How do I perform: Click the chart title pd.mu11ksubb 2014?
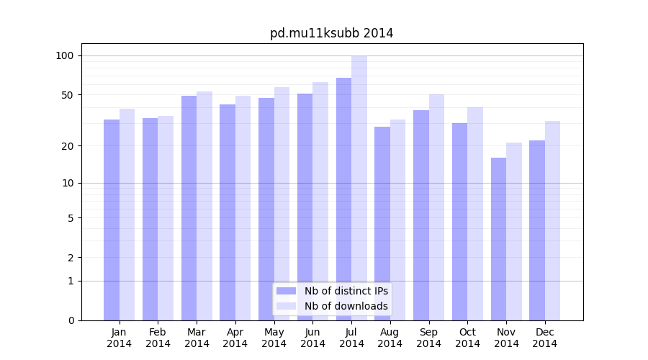(x=331, y=33)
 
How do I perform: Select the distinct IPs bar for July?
(x=343, y=199)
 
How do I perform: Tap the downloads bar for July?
(x=359, y=188)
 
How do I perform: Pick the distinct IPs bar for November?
(x=498, y=239)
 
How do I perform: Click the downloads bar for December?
(x=552, y=220)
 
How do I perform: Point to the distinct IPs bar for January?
(x=112, y=220)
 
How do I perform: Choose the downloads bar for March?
(x=204, y=206)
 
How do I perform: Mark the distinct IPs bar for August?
(x=382, y=223)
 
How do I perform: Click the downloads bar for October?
(x=475, y=214)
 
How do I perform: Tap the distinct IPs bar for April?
(x=228, y=212)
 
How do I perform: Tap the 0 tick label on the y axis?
(x=70, y=320)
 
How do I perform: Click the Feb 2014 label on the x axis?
(x=158, y=338)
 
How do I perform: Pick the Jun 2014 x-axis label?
(x=312, y=338)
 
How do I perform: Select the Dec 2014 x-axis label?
(x=544, y=338)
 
